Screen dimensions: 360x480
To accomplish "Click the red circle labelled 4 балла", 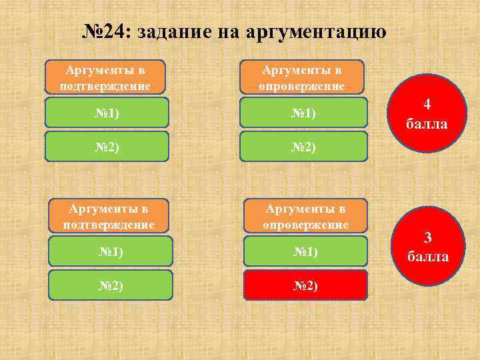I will pos(427,115).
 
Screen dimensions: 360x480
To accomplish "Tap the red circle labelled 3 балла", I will pos(427,247).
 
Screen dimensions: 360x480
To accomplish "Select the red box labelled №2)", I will pos(305,285).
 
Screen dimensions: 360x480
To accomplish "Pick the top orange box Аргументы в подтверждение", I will pos(105,77).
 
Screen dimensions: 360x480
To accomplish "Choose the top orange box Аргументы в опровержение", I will pos(302,77).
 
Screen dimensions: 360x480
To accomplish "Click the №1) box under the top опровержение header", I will pos(304,113).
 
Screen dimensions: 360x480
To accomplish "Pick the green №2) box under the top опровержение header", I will pos(304,147).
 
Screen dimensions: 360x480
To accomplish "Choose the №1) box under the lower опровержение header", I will pos(305,252).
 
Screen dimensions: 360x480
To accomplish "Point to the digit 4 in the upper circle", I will pos(427,105).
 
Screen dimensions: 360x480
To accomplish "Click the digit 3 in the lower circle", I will pos(428,237).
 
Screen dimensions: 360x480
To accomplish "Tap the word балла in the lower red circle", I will pos(427,257).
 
